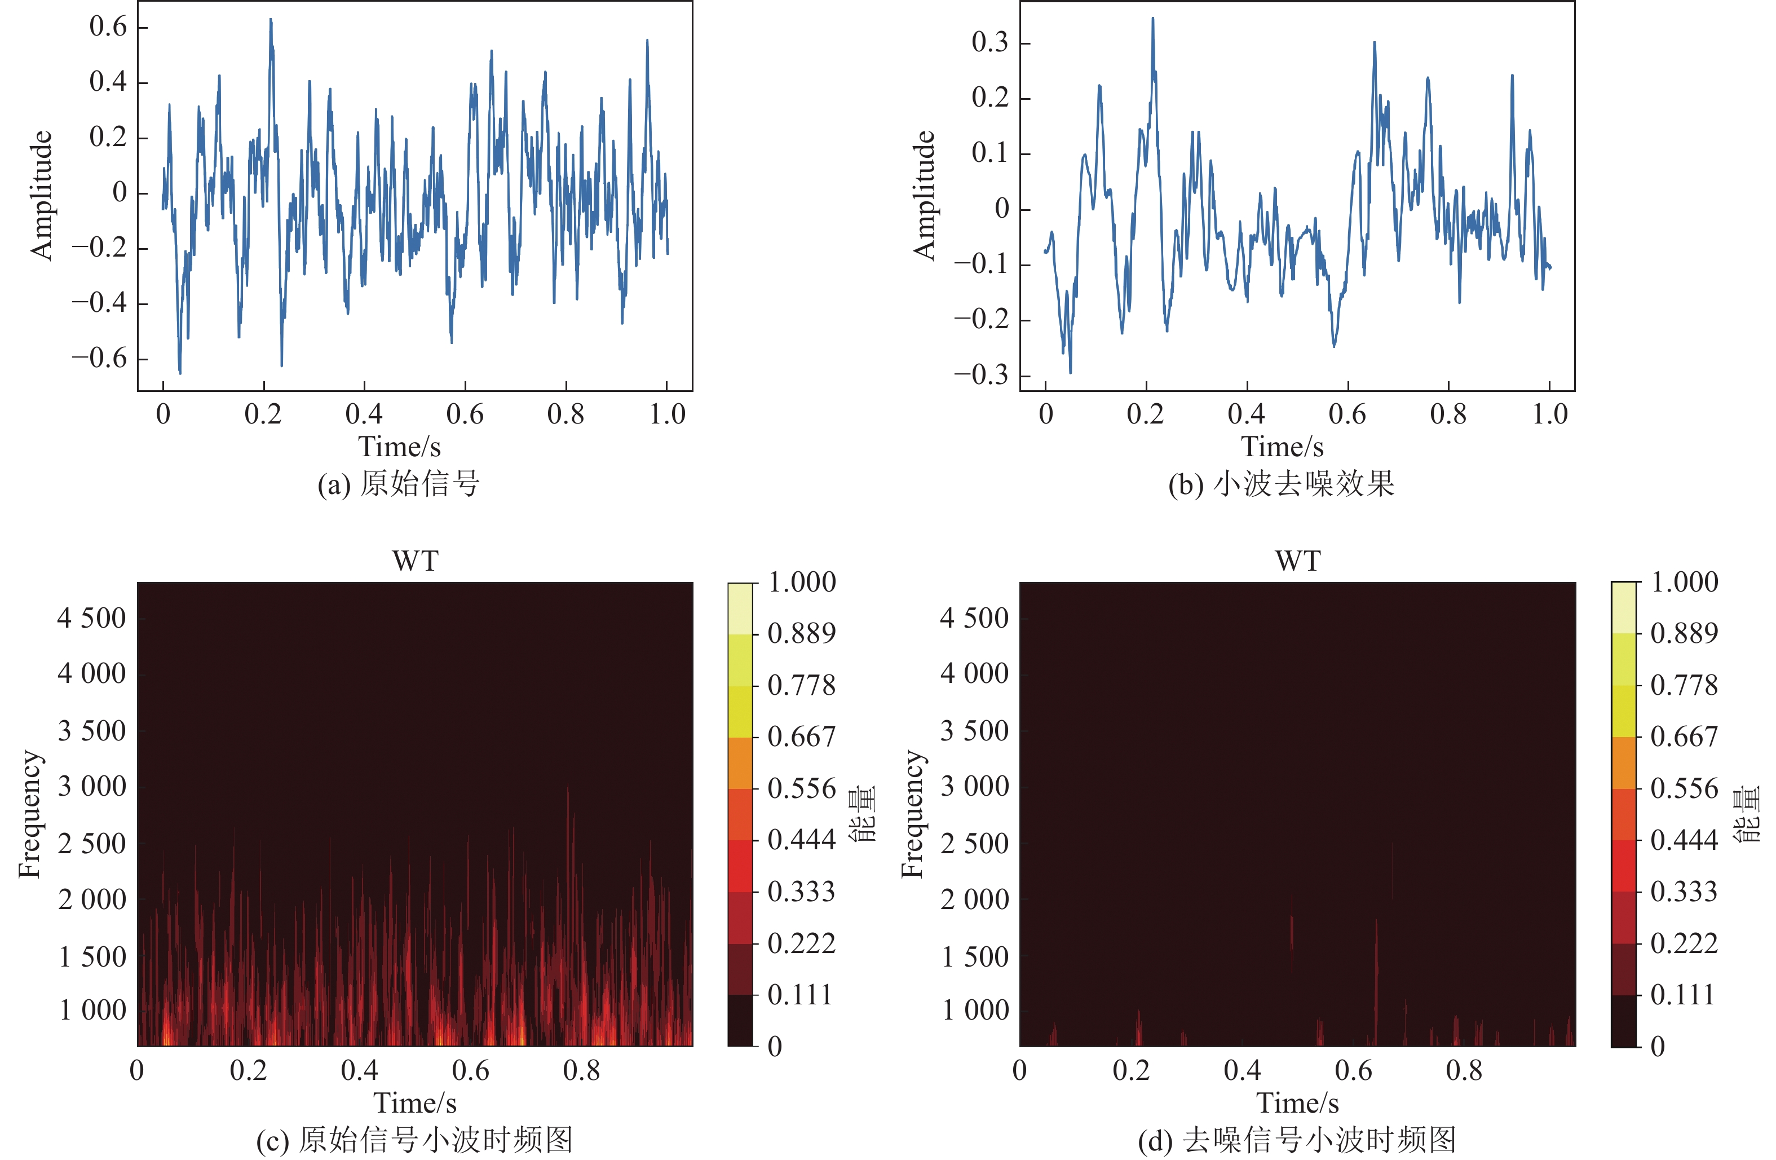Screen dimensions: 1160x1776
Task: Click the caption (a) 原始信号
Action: point(399,484)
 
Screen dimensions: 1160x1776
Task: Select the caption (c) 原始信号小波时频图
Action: point(414,1140)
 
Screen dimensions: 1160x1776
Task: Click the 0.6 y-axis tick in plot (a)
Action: point(109,27)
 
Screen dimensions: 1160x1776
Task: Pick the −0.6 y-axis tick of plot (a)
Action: point(100,358)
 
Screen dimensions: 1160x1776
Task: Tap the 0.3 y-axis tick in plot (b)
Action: point(990,42)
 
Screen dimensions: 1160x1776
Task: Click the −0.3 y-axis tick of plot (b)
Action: point(981,374)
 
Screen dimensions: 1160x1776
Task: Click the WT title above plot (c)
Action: point(416,561)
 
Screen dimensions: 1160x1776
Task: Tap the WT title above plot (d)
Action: point(1298,561)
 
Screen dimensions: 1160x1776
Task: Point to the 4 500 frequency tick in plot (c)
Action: point(92,618)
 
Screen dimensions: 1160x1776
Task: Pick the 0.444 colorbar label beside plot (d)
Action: point(1684,840)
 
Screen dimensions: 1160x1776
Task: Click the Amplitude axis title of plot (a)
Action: point(42,196)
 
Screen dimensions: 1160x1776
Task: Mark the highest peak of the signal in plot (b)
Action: point(1152,19)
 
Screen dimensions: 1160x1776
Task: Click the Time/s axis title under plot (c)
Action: point(415,1102)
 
